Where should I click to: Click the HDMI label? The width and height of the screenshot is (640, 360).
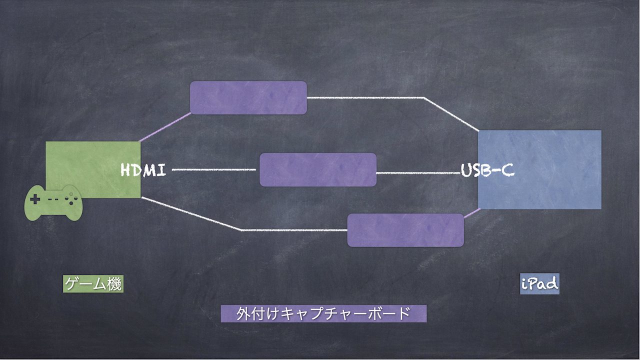pos(143,169)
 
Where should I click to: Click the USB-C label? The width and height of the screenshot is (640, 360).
pos(487,170)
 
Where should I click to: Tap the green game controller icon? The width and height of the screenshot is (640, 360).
pos(53,203)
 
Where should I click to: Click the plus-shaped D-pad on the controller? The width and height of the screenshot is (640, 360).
pos(35,199)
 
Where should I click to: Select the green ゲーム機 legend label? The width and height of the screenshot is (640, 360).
pos(93,283)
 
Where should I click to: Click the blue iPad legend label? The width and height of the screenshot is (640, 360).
pos(539,283)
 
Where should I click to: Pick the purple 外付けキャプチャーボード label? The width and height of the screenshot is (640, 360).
pos(323,313)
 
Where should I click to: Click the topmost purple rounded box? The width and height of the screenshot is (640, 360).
pos(248,97)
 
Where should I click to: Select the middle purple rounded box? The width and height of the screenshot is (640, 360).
pos(317,169)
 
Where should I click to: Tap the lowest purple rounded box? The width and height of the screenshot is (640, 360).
pos(405,230)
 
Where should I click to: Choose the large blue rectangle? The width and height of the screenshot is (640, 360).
pos(539,169)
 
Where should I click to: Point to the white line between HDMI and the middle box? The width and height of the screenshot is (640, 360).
pos(214,169)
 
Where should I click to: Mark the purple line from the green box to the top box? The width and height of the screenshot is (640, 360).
pos(165,127)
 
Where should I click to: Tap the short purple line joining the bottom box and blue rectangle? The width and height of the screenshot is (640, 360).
pos(472,213)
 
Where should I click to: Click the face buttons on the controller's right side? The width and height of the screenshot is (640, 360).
pos(71,198)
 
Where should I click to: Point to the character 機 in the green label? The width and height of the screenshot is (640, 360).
pos(114,283)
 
